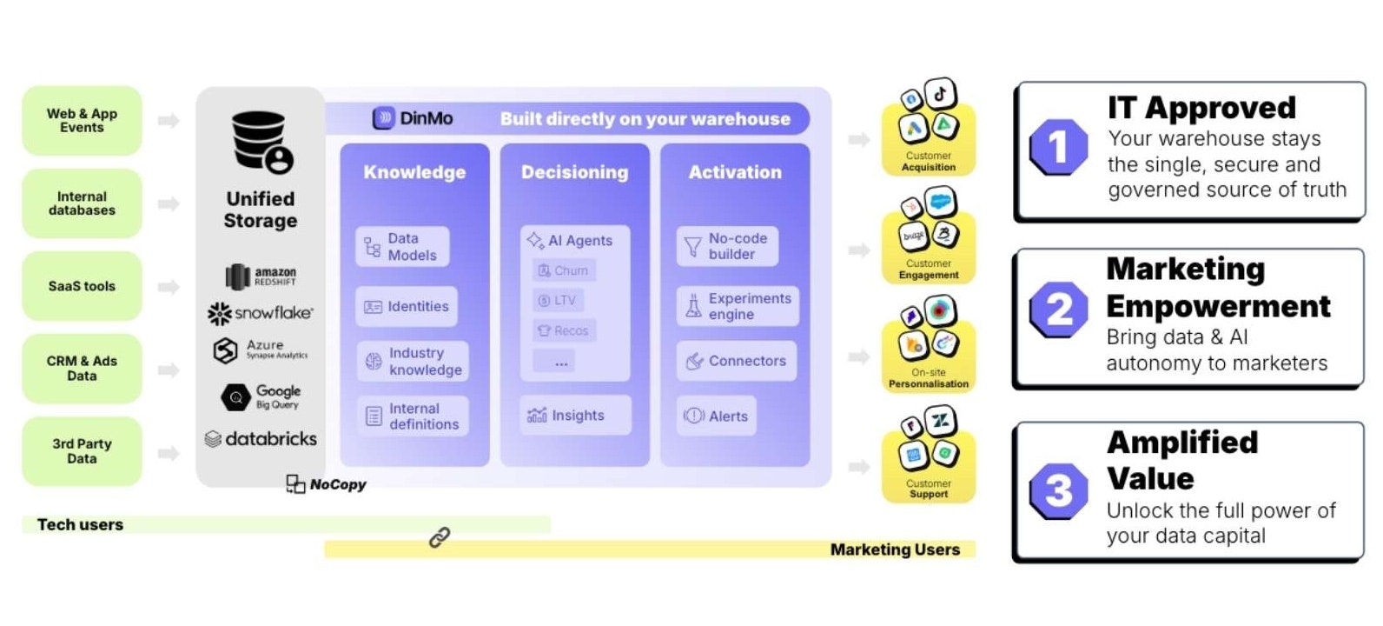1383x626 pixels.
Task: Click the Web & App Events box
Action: [82, 121]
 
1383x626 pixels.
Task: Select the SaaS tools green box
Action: [82, 286]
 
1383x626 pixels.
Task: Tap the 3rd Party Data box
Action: [82, 451]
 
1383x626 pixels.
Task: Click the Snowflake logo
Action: [261, 313]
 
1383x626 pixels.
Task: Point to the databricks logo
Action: [261, 439]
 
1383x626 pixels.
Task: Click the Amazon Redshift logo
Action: [261, 276]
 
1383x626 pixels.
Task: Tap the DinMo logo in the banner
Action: [413, 118]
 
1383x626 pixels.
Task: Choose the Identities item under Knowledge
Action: [407, 307]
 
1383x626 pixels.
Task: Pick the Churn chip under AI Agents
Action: [564, 270]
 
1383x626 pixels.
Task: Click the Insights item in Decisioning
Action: [575, 416]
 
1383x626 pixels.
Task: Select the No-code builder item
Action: [727, 247]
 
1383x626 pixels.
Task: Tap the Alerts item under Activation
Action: [717, 416]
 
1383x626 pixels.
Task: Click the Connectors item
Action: [736, 361]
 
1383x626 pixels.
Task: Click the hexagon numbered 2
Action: [1059, 310]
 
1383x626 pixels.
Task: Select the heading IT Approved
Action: [1201, 108]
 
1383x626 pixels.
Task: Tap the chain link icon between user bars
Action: [440, 538]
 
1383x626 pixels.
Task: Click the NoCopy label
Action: [328, 484]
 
